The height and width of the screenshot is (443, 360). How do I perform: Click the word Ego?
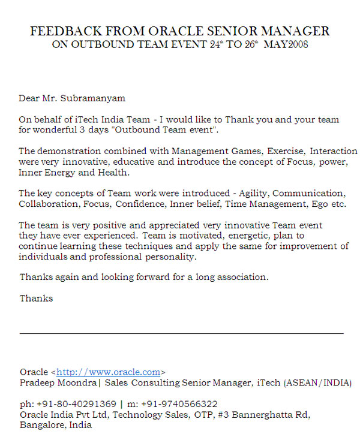[296, 204]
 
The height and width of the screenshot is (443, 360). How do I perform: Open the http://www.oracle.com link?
[108, 372]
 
